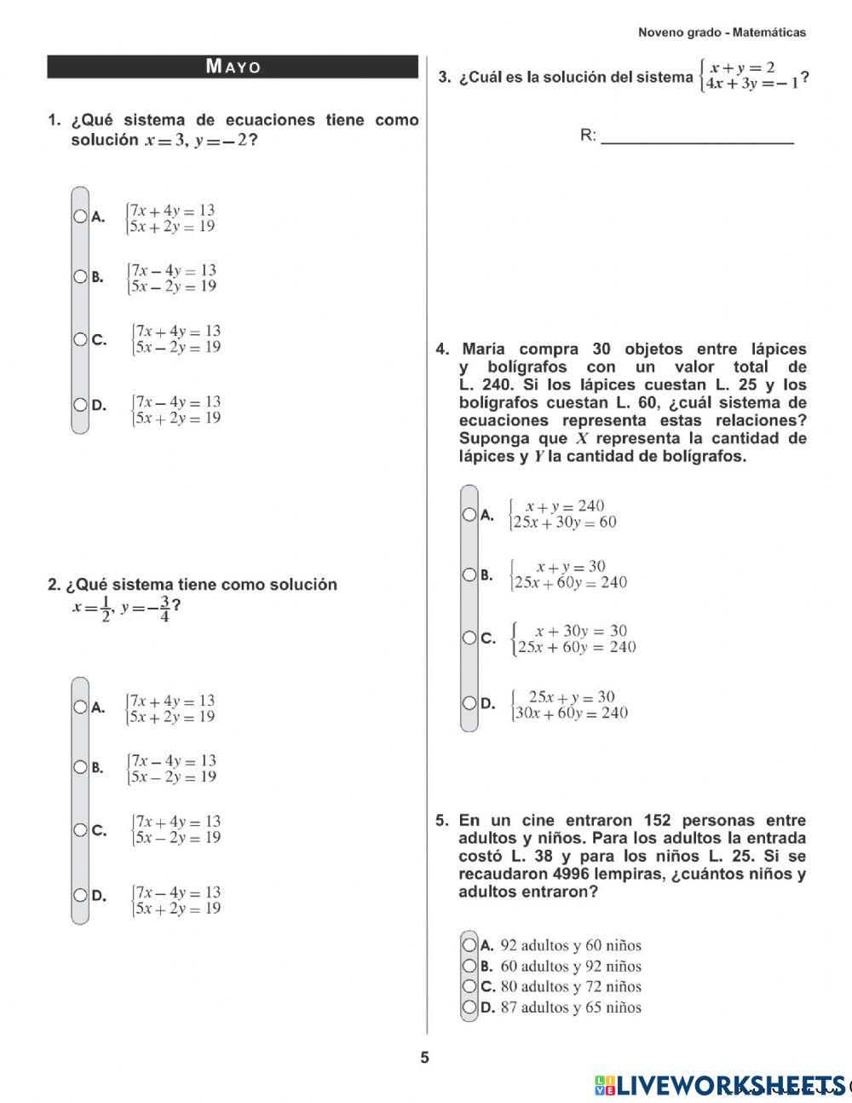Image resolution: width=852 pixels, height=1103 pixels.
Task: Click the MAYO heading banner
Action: (233, 66)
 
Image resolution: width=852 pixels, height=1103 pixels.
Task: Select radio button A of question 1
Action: (80, 217)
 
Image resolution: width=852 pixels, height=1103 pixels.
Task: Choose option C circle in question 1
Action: (80, 339)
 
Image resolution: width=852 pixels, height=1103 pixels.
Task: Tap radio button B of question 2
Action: (80, 767)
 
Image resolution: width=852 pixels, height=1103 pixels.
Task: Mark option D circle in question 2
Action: (80, 895)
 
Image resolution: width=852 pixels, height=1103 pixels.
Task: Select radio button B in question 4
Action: (469, 575)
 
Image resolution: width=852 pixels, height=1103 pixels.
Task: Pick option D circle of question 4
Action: (469, 703)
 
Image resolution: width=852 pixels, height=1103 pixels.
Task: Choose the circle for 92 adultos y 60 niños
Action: (469, 944)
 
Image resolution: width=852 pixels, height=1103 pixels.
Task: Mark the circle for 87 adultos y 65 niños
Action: (469, 1008)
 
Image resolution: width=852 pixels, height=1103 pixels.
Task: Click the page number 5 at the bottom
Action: (425, 1059)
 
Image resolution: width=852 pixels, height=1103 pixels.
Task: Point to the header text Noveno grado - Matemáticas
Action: (722, 32)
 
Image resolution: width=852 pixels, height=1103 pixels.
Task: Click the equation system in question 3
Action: (748, 76)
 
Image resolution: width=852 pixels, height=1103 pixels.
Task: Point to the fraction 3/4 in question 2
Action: (164, 609)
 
